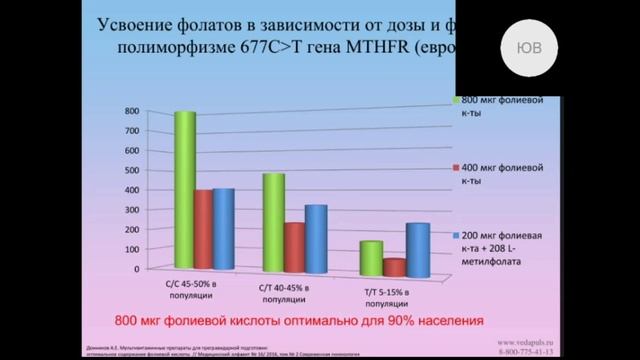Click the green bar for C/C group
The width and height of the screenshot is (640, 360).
pyautogui.click(x=183, y=190)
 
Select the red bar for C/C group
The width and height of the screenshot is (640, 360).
pyautogui.click(x=203, y=229)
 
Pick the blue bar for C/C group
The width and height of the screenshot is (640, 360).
pyautogui.click(x=223, y=229)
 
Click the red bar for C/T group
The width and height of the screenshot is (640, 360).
pyautogui.click(x=294, y=246)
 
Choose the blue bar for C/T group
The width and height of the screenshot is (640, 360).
pyautogui.click(x=315, y=237)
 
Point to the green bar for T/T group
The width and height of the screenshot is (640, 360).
pyautogui.click(x=371, y=256)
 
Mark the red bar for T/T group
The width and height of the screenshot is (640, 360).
pyautogui.click(x=394, y=265)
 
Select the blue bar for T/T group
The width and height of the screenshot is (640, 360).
pyautogui.click(x=417, y=247)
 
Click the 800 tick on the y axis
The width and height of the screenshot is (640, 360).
pyautogui.click(x=132, y=110)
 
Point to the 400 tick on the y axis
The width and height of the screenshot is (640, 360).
pyautogui.click(x=132, y=189)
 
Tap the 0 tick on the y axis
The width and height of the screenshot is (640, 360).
pyautogui.click(x=137, y=269)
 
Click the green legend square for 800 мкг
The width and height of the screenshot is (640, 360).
pyautogui.click(x=455, y=101)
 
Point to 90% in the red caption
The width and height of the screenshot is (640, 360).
pyautogui.click(x=403, y=321)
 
